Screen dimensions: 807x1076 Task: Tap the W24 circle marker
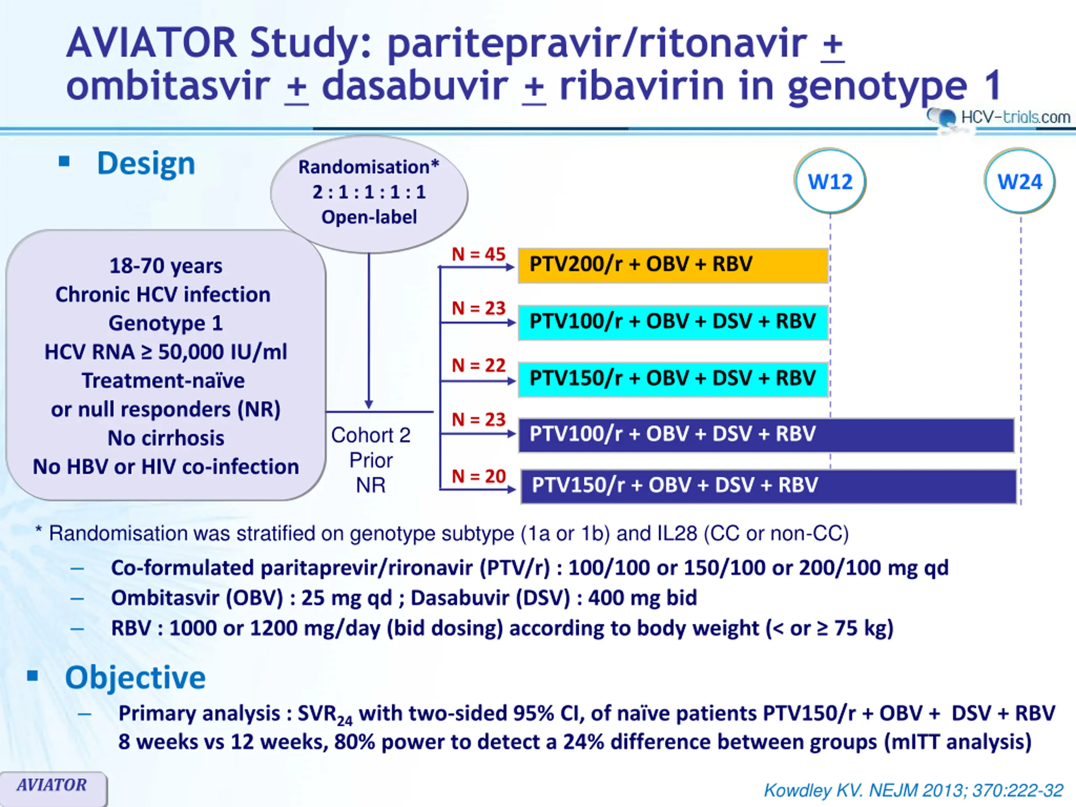click(x=1020, y=182)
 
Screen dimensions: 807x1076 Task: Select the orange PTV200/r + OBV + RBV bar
click(x=673, y=265)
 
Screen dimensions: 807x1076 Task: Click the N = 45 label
click(x=479, y=254)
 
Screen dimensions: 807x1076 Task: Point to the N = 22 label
click(x=479, y=365)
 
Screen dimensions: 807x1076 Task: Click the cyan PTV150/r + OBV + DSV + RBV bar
click(x=673, y=379)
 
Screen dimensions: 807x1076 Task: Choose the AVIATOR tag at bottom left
click(x=52, y=785)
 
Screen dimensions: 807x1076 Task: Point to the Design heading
click(x=146, y=164)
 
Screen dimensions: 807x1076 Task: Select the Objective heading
click(x=135, y=677)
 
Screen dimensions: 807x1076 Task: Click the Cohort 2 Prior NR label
click(x=371, y=460)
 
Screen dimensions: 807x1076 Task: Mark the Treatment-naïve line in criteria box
click(x=164, y=381)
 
